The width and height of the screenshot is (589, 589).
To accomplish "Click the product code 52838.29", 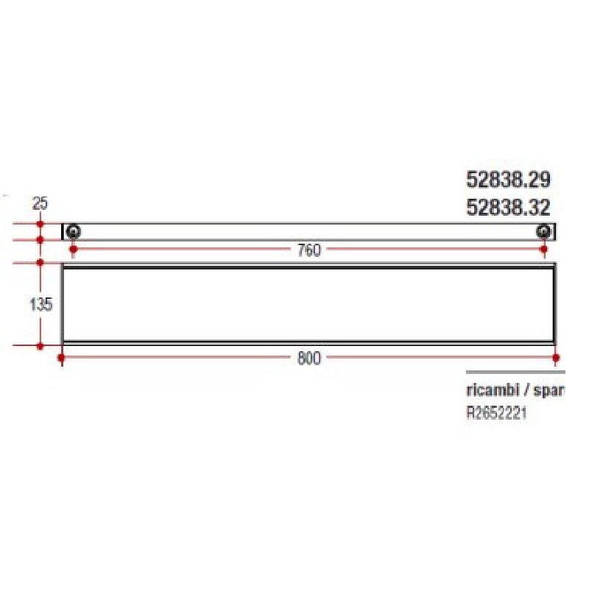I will (508, 179).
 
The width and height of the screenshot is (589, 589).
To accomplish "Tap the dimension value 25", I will (40, 202).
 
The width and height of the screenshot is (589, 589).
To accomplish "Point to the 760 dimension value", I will (309, 251).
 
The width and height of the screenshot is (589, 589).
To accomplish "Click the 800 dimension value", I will (309, 359).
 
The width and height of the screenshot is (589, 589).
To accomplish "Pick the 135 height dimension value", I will (40, 304).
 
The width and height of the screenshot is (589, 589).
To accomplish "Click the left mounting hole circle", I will (73, 233).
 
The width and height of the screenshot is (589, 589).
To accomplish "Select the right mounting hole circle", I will (543, 233).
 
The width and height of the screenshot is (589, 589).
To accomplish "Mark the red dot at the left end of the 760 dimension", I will (73, 250).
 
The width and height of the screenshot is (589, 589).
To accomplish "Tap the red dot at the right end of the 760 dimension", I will (544, 250).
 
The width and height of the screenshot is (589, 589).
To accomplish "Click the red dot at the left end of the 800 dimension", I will (62, 359).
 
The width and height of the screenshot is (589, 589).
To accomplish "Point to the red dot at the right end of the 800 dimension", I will (556, 359).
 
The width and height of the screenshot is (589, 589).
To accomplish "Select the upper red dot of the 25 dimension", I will (40, 223).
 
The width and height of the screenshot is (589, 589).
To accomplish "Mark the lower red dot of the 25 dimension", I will (40, 240).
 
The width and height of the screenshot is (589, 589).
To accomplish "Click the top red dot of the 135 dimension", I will (40, 262).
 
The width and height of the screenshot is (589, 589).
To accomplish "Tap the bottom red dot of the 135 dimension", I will (40, 345).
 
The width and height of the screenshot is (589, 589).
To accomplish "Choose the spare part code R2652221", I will (496, 414).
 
